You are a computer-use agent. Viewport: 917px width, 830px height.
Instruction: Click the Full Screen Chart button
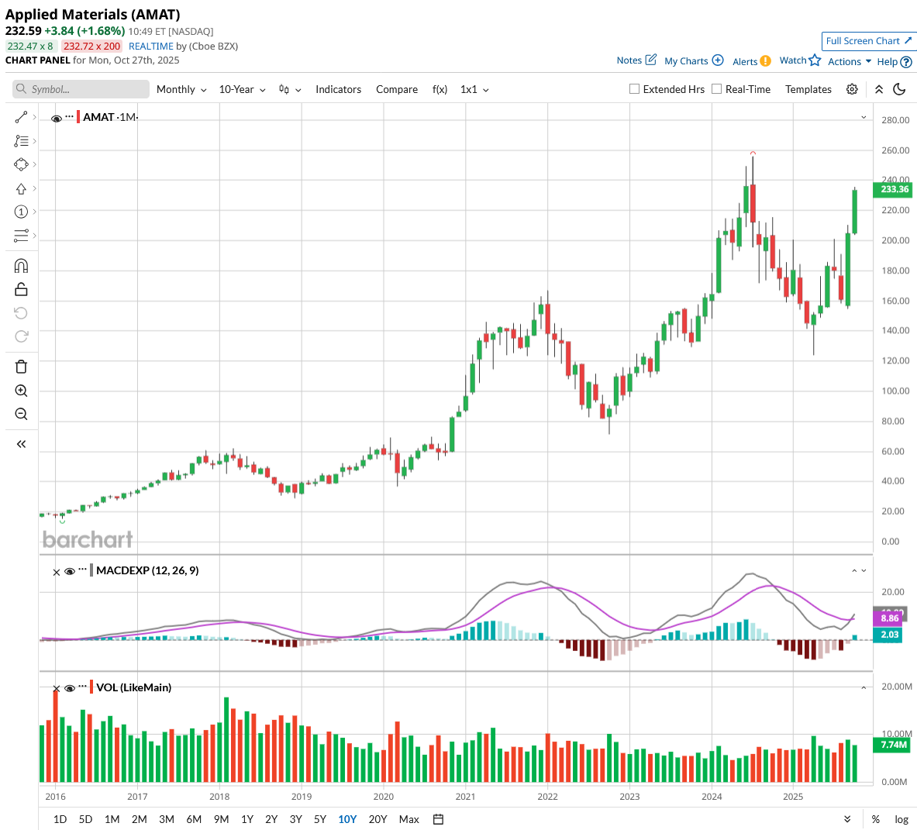[869, 41]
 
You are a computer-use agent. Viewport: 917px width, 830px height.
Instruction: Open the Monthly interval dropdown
[181, 89]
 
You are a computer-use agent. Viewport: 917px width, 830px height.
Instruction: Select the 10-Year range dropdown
[242, 89]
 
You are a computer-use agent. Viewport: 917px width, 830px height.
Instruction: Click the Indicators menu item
[338, 89]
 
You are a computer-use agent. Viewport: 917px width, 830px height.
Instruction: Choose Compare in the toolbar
[397, 89]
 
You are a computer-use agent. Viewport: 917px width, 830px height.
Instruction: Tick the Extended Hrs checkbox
[635, 89]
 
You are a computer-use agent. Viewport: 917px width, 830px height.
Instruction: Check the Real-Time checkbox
[717, 89]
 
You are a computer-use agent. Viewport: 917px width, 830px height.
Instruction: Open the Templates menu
[808, 89]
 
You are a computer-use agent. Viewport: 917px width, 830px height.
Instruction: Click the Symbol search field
[81, 89]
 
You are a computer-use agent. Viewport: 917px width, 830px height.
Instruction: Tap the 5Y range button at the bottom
[320, 819]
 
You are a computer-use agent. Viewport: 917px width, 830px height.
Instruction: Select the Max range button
[409, 819]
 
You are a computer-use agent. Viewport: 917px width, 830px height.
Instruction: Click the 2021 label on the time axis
[465, 797]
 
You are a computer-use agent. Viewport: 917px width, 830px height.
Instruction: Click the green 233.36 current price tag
[894, 189]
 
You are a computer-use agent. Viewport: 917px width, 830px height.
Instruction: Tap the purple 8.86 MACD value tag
[890, 618]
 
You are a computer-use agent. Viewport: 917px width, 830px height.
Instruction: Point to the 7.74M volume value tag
[894, 745]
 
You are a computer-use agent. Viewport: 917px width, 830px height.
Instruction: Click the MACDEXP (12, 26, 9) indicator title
[147, 570]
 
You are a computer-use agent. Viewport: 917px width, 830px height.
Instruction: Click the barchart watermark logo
[88, 539]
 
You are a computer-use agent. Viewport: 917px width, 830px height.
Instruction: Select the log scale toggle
[901, 819]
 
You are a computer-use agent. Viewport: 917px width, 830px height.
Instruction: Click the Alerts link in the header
[745, 61]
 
